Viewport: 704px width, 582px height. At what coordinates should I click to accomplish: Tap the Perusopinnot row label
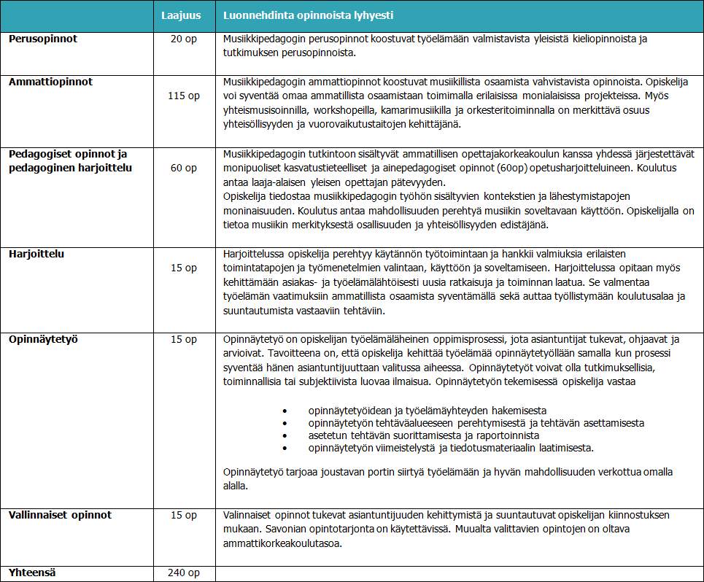[43, 39]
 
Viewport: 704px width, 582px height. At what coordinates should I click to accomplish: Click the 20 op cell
[184, 39]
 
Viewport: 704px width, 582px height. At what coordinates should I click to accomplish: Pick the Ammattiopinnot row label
[51, 82]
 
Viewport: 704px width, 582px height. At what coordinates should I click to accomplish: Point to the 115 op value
[184, 96]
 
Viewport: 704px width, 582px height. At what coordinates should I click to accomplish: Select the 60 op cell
[184, 168]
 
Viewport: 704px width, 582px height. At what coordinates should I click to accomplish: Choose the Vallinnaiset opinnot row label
[61, 515]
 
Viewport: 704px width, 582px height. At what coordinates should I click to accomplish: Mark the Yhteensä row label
[33, 573]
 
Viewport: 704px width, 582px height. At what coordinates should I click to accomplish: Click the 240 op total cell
[184, 573]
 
